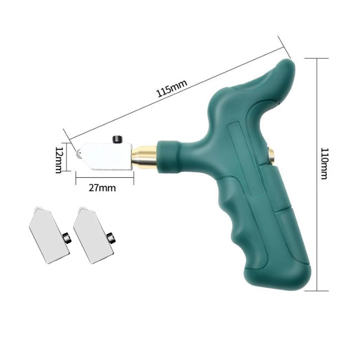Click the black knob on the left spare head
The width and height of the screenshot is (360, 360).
point(67,236)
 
